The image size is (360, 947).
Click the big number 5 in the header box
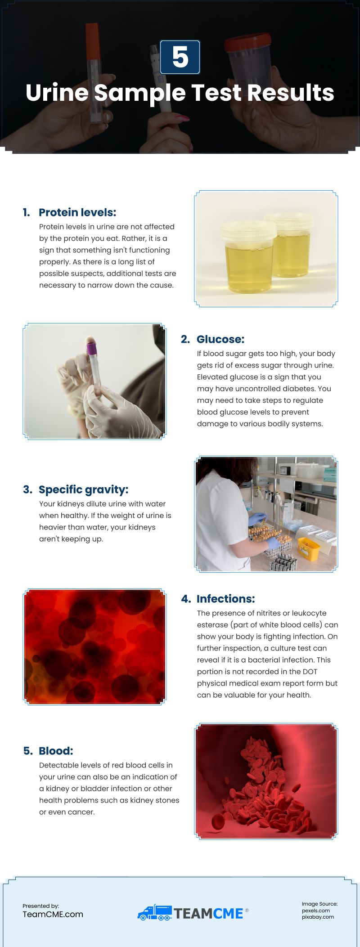pyautogui.click(x=180, y=58)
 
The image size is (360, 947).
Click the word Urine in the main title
pyautogui.click(x=57, y=93)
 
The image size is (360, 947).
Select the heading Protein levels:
pyautogui.click(x=77, y=212)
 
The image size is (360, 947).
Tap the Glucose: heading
pyautogui.click(x=220, y=339)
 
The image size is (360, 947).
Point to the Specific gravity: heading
pyautogui.click(x=83, y=489)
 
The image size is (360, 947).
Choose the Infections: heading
pyautogui.click(x=225, y=599)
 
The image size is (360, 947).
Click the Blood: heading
pyautogui.click(x=56, y=751)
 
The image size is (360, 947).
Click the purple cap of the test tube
pyautogui.click(x=92, y=348)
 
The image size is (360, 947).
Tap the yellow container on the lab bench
pyautogui.click(x=309, y=548)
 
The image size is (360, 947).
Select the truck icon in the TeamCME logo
pyautogui.click(x=154, y=913)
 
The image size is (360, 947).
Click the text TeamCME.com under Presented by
pyautogui.click(x=53, y=914)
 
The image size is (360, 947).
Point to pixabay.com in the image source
pyautogui.click(x=318, y=917)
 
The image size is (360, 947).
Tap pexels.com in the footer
pyautogui.click(x=315, y=911)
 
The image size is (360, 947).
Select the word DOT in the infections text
pyautogui.click(x=310, y=672)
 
